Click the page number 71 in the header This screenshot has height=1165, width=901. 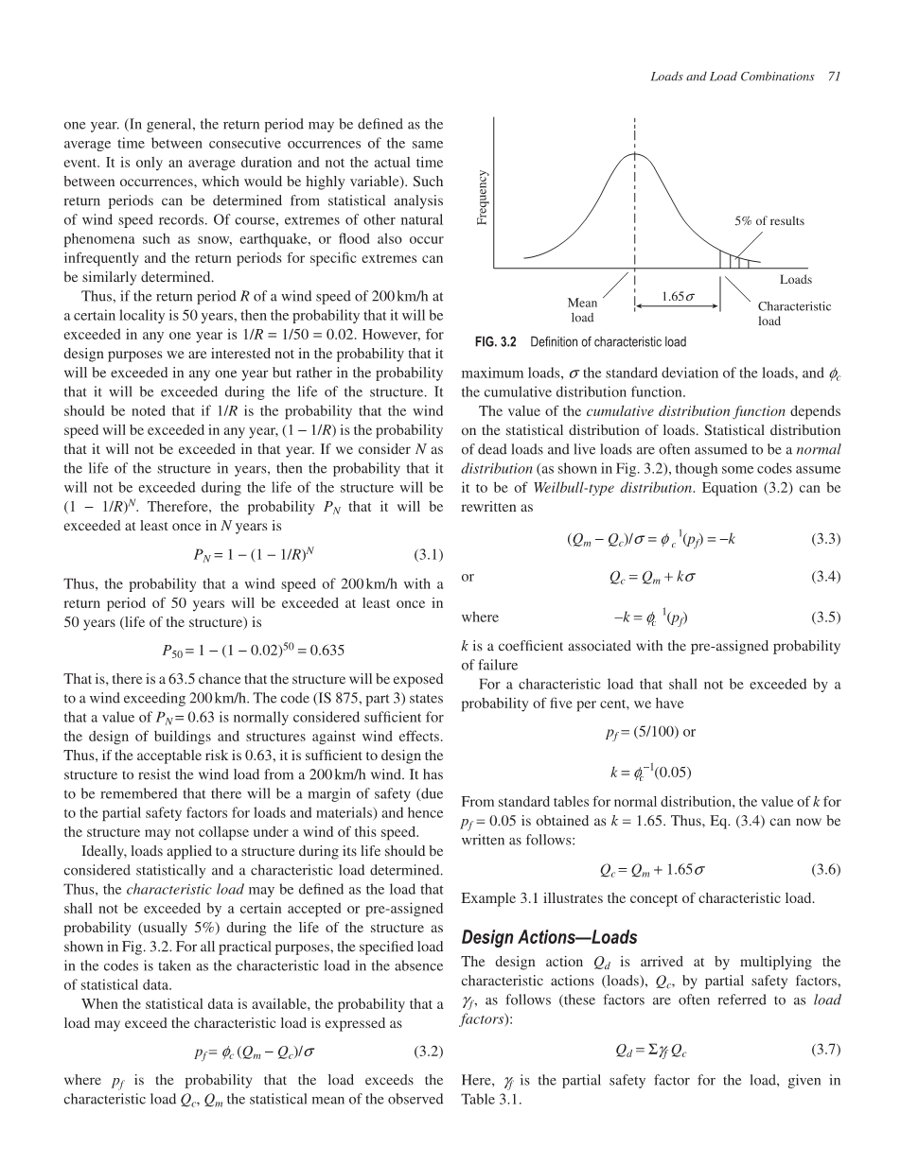coord(834,76)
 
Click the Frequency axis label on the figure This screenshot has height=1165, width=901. coord(483,197)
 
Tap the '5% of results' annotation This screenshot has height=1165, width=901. coord(769,221)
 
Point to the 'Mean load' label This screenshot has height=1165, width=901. coord(582,310)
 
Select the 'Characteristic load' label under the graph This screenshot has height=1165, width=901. coord(794,313)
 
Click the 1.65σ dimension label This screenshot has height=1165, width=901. coord(678,297)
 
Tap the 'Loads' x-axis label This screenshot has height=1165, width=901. coord(796,279)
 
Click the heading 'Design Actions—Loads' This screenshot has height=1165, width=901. coord(549,938)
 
